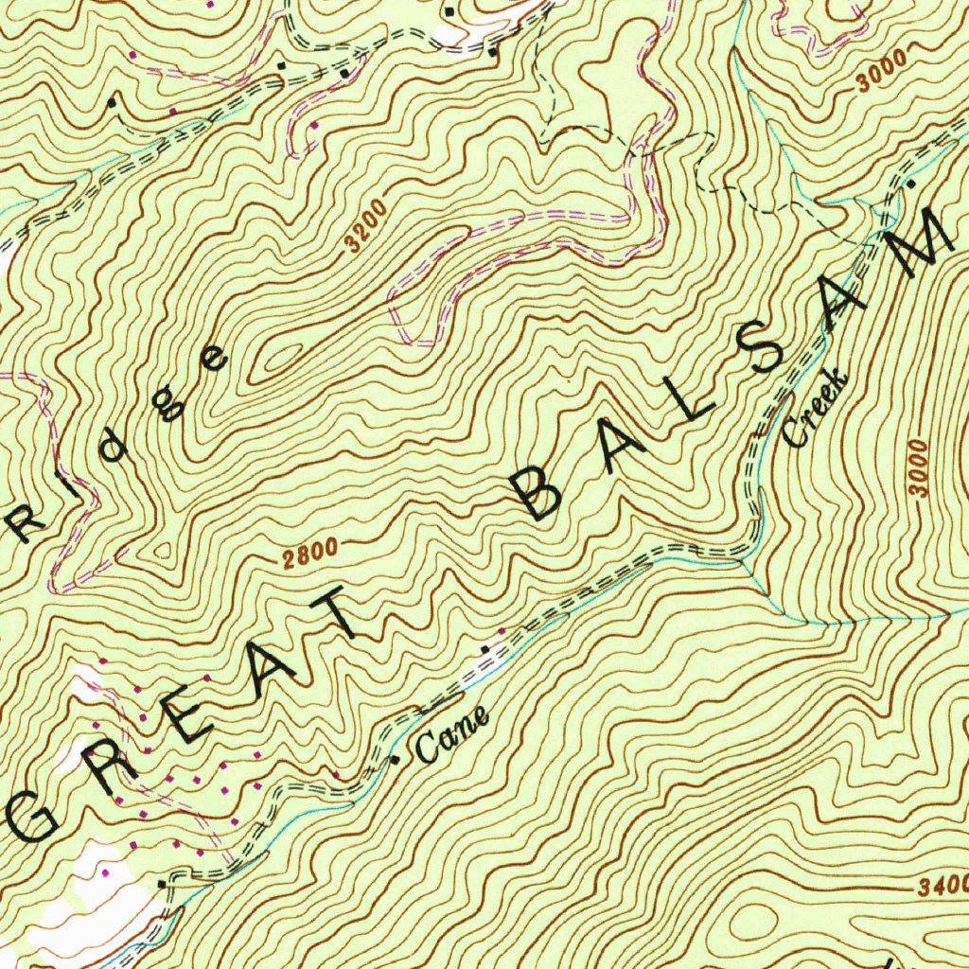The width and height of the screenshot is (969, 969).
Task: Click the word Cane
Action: (x=452, y=736)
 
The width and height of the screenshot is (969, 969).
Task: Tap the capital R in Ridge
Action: (x=21, y=520)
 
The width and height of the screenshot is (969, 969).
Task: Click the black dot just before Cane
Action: (x=396, y=759)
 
